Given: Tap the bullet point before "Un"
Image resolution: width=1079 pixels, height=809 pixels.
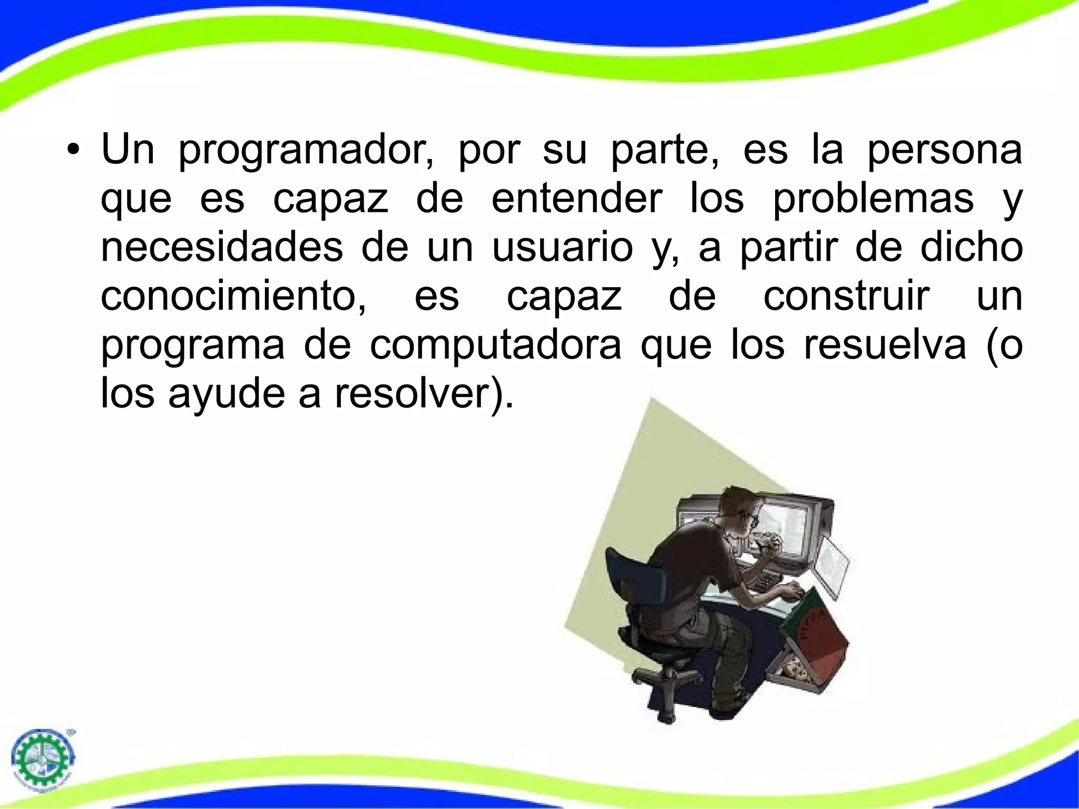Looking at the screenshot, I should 73,150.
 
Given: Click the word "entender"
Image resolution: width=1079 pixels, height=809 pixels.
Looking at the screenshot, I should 576,199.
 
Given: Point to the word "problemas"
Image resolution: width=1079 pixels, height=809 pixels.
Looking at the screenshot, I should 874,200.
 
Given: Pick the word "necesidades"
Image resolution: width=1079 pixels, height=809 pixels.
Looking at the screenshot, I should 222,247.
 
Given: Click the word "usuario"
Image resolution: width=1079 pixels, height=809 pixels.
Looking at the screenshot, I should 562,248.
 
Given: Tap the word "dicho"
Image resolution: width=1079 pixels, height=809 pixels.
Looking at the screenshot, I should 972,247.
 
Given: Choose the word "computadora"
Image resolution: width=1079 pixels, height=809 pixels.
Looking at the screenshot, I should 496,345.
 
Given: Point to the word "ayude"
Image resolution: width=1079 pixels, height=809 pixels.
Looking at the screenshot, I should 227,394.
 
